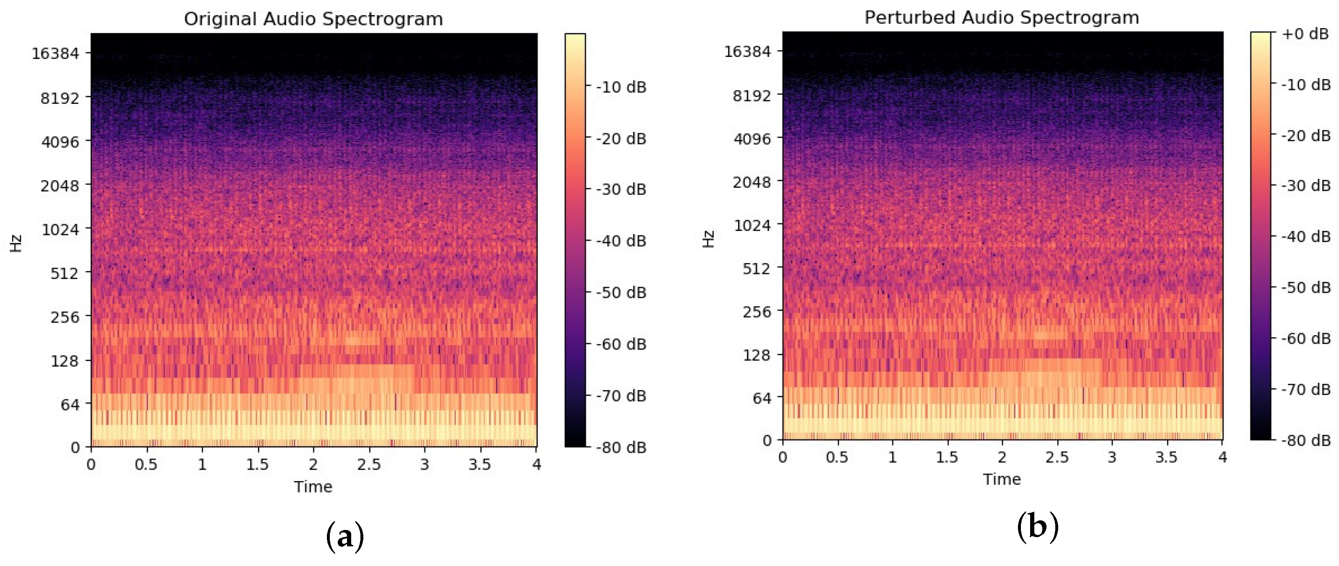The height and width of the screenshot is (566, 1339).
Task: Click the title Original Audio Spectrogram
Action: coord(313,19)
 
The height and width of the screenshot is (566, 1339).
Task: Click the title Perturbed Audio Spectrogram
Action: coord(1001,17)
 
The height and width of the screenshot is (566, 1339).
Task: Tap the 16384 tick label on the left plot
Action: coord(55,54)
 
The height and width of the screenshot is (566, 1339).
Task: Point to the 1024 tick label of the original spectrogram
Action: coord(60,229)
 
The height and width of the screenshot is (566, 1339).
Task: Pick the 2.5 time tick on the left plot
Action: coord(368,464)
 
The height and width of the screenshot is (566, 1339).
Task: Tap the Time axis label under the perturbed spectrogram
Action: coord(1001,479)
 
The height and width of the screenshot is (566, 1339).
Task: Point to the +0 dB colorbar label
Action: coord(1305,34)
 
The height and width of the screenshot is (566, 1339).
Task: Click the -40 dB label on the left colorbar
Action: coord(621,240)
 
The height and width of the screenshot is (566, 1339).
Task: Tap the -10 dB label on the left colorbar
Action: coord(621,87)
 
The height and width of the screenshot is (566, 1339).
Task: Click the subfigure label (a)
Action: coord(344,536)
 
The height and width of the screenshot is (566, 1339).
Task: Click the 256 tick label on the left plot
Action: coord(65,317)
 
